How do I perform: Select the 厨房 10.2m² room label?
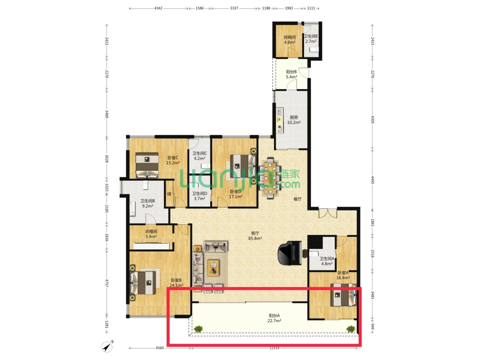click(294, 120)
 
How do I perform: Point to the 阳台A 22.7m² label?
click(274, 318)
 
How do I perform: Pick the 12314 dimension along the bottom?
click(274, 348)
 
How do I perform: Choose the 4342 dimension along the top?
click(158, 8)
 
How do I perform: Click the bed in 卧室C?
click(147, 165)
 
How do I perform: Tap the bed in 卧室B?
click(143, 282)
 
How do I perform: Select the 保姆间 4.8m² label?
click(290, 40)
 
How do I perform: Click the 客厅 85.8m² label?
click(255, 236)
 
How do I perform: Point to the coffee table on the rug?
click(213, 268)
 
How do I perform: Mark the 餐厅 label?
click(297, 199)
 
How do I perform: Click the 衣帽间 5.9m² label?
click(151, 234)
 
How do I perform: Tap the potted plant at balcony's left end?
click(198, 329)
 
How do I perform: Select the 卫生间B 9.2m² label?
click(148, 203)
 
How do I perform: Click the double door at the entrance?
click(328, 213)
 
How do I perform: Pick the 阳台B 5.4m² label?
click(291, 74)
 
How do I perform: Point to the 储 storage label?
click(169, 194)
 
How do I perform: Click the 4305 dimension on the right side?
click(373, 119)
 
